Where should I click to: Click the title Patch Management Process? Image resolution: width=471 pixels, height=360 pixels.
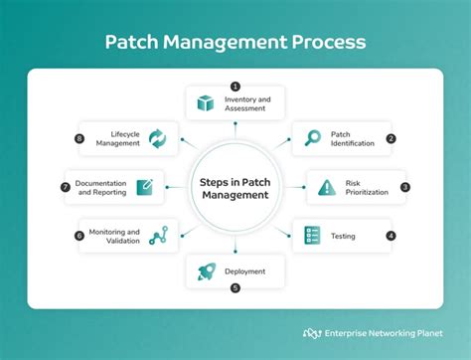235,43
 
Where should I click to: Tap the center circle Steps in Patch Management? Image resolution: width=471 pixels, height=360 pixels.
235,188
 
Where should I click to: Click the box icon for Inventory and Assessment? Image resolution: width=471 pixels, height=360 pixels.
206,102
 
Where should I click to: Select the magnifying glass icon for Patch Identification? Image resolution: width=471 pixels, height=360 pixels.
312,138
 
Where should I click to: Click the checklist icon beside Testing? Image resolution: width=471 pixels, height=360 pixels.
312,236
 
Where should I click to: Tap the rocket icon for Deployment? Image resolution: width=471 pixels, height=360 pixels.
206,270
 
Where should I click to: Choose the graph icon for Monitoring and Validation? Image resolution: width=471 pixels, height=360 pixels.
157,236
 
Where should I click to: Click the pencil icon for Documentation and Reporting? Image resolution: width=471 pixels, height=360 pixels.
145,187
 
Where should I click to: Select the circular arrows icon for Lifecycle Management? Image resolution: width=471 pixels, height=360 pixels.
157,138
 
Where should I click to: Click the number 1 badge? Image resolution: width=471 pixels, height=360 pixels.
235,86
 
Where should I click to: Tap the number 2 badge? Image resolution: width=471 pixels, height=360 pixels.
391,138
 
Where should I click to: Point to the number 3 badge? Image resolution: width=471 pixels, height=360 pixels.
404,186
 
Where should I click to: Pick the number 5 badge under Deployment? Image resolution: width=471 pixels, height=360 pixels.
235,288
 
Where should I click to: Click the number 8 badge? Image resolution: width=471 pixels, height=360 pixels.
80,138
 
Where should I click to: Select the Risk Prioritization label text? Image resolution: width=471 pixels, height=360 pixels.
368,187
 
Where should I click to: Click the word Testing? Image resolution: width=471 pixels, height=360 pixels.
343,237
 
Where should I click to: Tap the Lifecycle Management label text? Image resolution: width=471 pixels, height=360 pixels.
118,138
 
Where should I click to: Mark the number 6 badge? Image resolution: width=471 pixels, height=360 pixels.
78,236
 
